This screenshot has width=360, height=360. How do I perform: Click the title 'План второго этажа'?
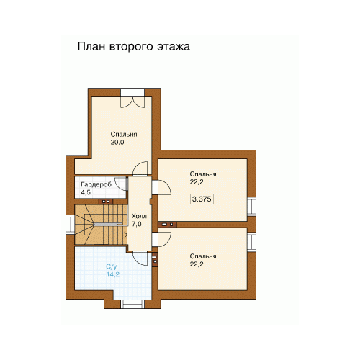pyautogui.click(x=134, y=47)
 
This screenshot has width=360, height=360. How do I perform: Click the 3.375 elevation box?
pyautogui.click(x=202, y=199)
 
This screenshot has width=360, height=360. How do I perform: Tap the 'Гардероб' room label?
pyautogui.click(x=96, y=184)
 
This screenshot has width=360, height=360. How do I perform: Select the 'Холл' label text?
pyautogui.click(x=139, y=216)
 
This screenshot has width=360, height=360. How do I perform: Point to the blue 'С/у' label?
pyautogui.click(x=112, y=266)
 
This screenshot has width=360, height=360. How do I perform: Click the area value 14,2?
pyautogui.click(x=113, y=274)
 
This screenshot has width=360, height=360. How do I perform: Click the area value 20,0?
pyautogui.click(x=117, y=143)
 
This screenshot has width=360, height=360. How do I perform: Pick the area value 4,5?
pyautogui.click(x=86, y=192)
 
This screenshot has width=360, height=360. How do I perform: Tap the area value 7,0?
pyautogui.click(x=136, y=224)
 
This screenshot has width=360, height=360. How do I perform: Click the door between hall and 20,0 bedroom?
pyautogui.click(x=140, y=168)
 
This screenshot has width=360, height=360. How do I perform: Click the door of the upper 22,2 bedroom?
pyautogui.click(x=164, y=187)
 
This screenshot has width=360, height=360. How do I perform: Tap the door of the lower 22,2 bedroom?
pyautogui.click(x=164, y=239)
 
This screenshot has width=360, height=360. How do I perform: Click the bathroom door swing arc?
pyautogui.click(x=140, y=258)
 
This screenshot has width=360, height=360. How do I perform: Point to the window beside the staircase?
pyautogui.click(x=71, y=225)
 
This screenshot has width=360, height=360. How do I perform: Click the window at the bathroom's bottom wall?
pyautogui.click(x=132, y=304)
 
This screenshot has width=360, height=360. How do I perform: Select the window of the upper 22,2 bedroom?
pyautogui.click(x=252, y=207)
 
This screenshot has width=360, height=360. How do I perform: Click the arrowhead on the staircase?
pyautogui.click(x=125, y=235)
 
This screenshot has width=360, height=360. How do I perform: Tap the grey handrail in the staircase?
pyautogui.click(x=110, y=225)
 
